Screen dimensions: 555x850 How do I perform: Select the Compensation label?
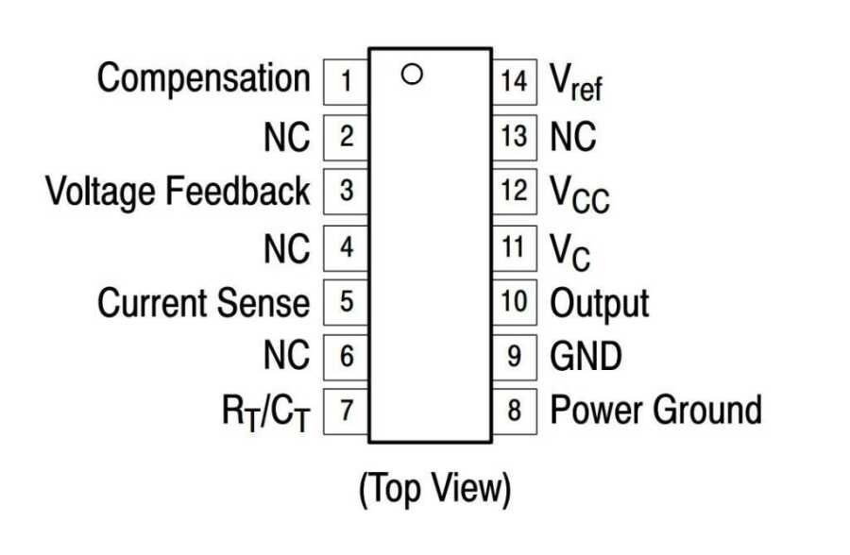(x=203, y=79)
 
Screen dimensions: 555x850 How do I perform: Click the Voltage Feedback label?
(x=178, y=191)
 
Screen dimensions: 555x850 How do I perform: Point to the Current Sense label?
(x=203, y=304)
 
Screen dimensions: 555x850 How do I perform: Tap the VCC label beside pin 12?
(x=580, y=193)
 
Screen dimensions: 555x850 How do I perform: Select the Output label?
(x=600, y=304)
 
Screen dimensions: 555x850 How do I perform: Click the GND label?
(x=586, y=358)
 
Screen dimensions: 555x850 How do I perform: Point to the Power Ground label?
(x=655, y=412)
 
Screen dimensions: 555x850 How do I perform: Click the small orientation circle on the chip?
(x=410, y=73)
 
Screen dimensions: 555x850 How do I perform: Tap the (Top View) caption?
(x=434, y=489)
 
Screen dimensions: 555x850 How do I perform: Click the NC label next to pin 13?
(x=573, y=138)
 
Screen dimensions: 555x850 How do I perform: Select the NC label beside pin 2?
(x=286, y=138)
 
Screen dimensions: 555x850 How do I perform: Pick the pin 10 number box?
(x=514, y=302)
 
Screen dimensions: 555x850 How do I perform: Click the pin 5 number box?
(x=346, y=302)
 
